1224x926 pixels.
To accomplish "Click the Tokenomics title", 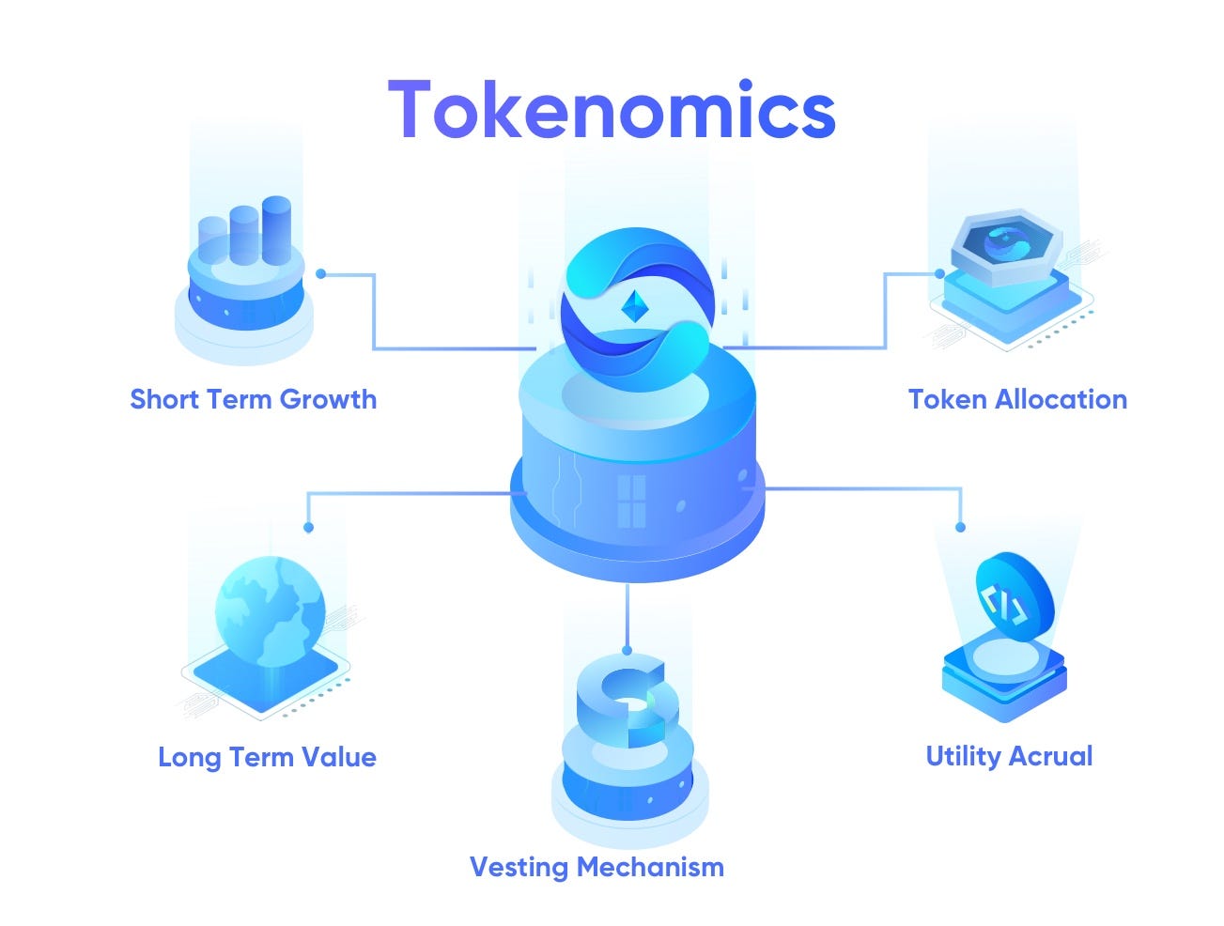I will (612, 110).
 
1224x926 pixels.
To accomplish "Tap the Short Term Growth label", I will (253, 399).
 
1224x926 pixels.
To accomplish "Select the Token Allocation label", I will (1017, 399).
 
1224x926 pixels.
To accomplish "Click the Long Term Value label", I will (267, 757).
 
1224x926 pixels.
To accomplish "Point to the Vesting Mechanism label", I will (597, 866).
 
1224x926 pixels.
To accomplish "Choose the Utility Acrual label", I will (1009, 756).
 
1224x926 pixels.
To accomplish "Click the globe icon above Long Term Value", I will (270, 610).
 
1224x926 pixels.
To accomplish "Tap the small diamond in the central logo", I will (636, 305).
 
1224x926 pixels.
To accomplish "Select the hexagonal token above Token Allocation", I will (1004, 241).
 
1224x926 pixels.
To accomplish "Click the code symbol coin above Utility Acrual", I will (1014, 596).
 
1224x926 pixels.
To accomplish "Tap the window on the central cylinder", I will (631, 501).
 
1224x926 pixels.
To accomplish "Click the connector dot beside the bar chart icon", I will (321, 274).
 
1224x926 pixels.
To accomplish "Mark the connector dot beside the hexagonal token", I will (939, 274).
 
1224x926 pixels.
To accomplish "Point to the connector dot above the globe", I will (308, 528).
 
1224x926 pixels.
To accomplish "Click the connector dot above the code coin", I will (960, 528).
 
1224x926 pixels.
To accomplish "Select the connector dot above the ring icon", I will (627, 650).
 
